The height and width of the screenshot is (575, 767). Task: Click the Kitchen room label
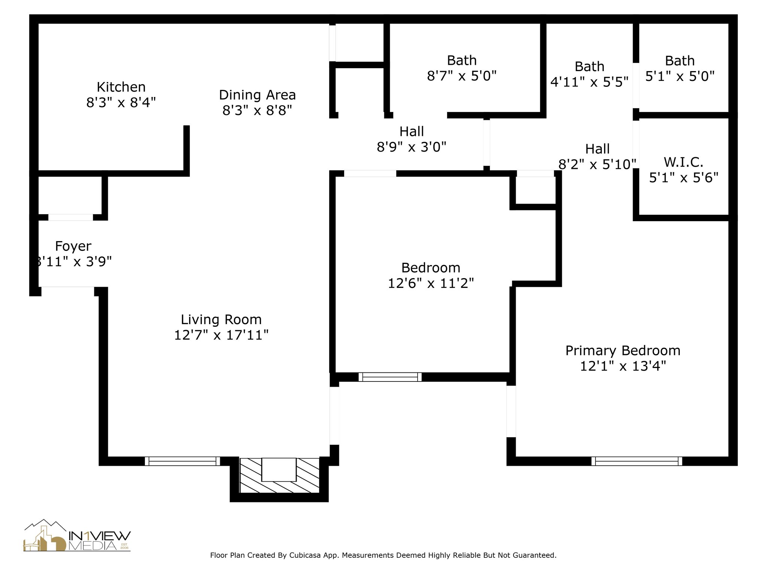pos(121,87)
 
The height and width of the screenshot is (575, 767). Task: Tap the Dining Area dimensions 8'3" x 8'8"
pos(257,110)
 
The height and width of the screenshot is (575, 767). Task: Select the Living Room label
pos(221,319)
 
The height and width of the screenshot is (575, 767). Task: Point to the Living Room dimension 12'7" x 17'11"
pos(221,335)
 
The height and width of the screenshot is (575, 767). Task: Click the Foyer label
pos(73,246)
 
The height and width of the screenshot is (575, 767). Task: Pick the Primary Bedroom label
pos(622,350)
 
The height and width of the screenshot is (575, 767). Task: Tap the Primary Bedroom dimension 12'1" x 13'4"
pos(623,366)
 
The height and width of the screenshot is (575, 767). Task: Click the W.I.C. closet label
pos(683,162)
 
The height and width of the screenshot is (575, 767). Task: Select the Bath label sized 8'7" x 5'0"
pos(462,60)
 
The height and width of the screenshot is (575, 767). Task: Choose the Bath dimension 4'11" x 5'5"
pos(589,82)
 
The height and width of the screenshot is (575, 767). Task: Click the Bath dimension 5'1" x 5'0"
pos(680,76)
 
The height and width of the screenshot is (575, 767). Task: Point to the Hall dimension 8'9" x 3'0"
pos(411,147)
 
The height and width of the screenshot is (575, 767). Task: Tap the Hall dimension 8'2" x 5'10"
pos(597,164)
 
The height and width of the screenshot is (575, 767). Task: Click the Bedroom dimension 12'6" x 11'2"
pos(431,283)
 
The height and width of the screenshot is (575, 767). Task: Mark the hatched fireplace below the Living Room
pos(279,475)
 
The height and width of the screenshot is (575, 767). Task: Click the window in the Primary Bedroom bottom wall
pos(637,461)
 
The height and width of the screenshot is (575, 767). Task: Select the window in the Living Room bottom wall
pos(182,461)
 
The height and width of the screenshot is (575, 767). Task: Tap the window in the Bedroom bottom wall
pos(390,377)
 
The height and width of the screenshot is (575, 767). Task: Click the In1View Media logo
pos(77,535)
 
